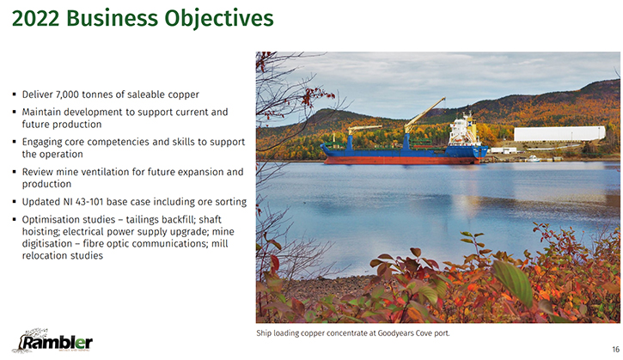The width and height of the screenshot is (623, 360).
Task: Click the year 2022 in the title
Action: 36,18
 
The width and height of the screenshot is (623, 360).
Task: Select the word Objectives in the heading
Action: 219,19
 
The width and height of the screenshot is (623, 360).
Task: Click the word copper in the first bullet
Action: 183,95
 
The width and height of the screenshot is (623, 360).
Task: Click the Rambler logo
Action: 52,341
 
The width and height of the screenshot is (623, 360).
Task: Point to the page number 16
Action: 615,350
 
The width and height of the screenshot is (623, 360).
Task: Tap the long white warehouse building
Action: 559,133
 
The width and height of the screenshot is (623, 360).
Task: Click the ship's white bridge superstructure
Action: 462,131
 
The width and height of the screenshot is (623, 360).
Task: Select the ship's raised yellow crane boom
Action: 424,114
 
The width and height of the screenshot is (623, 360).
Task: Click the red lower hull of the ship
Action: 402,161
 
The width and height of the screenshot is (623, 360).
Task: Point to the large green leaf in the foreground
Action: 513,282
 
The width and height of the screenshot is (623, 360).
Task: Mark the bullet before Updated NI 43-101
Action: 15,201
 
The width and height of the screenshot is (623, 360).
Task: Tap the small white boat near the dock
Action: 533,159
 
